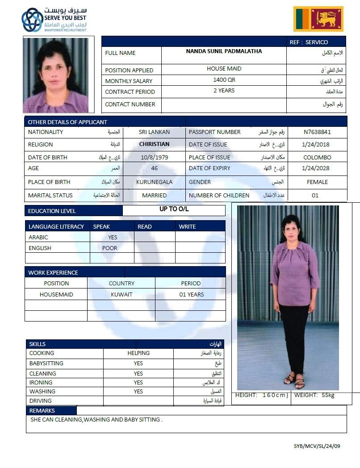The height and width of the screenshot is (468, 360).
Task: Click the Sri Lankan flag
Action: click(x=318, y=19)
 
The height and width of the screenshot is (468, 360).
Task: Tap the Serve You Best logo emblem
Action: click(x=32, y=20)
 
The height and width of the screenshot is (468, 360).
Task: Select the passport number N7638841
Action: click(x=317, y=132)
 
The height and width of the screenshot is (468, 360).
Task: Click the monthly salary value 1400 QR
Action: click(x=224, y=80)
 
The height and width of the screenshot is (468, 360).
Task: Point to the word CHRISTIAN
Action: click(x=154, y=144)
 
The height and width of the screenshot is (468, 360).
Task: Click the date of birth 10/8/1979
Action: click(x=154, y=157)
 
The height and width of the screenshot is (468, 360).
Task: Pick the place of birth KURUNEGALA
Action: click(x=154, y=182)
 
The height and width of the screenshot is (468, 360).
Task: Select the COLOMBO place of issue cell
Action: click(x=317, y=158)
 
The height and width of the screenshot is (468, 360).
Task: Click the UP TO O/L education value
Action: click(x=174, y=209)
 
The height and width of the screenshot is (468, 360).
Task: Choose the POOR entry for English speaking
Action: click(x=110, y=248)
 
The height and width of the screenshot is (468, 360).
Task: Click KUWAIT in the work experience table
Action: click(x=121, y=295)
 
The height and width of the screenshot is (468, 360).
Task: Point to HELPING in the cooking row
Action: click(x=138, y=353)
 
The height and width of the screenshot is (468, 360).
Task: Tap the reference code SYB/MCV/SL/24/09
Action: click(x=317, y=446)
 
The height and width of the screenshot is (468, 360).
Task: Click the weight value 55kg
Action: click(x=327, y=396)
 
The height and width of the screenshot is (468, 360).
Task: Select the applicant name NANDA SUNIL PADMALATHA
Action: click(x=224, y=51)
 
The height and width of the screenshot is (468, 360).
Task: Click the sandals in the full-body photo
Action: click(x=294, y=381)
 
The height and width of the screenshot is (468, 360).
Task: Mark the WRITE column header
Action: click(x=187, y=226)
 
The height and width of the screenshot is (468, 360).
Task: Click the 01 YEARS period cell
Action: click(x=191, y=295)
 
